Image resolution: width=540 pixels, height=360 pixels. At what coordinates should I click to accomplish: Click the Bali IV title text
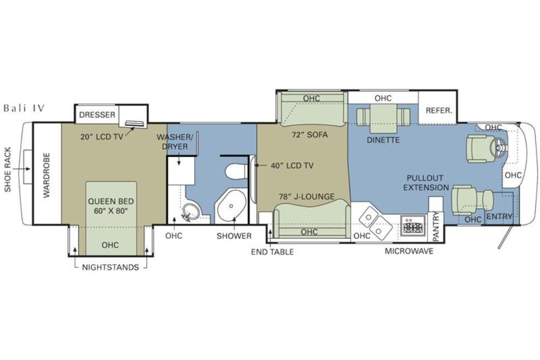pyautogui.click(x=24, y=108)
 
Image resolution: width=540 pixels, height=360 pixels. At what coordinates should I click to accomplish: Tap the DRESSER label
pyautogui.click(x=97, y=114)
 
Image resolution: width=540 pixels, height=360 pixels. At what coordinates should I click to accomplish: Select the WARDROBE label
pyautogui.click(x=47, y=175)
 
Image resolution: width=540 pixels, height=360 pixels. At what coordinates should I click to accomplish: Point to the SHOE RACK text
pyautogui.click(x=7, y=169)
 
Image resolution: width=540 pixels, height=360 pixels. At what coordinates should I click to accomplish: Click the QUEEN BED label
pyautogui.click(x=111, y=201)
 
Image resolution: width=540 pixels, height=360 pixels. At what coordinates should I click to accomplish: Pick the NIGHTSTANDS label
pyautogui.click(x=111, y=267)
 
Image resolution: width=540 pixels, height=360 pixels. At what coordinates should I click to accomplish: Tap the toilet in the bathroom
pyautogui.click(x=237, y=171)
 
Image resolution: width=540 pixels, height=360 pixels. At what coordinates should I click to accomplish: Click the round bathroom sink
pyautogui.click(x=191, y=211)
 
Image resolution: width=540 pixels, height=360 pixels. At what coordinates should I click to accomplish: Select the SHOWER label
pyautogui.click(x=234, y=236)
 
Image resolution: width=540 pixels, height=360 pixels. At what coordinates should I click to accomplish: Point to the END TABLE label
pyautogui.click(x=273, y=252)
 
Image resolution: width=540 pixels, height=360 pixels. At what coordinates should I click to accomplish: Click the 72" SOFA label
pyautogui.click(x=310, y=134)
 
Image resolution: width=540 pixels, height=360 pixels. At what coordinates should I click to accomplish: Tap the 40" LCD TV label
pyautogui.click(x=292, y=166)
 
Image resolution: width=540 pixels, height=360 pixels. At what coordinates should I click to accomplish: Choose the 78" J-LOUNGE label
pyautogui.click(x=306, y=197)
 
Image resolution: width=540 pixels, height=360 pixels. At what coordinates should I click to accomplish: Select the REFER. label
pyautogui.click(x=439, y=111)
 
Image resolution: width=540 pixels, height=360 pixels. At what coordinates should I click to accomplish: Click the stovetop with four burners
pyautogui.click(x=413, y=227)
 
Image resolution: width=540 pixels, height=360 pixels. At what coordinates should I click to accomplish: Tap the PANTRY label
pyautogui.click(x=436, y=226)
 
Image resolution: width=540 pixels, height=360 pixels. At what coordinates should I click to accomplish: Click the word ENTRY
pyautogui.click(x=499, y=217)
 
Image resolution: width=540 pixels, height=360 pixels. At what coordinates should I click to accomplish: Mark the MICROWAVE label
pyautogui.click(x=409, y=251)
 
